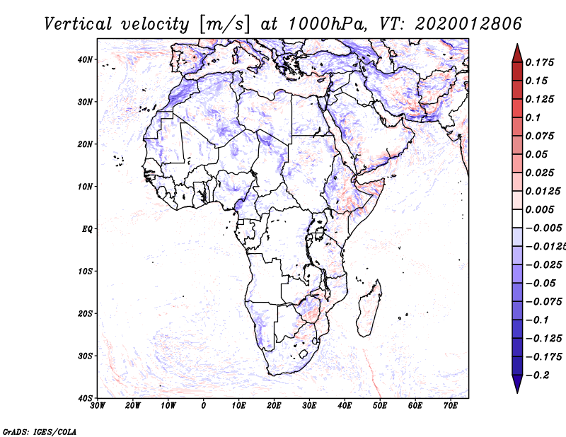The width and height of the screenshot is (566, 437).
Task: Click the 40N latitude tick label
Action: [85, 59]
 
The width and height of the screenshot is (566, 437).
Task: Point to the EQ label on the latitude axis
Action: [87, 229]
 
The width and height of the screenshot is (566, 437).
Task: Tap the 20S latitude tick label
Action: [85, 313]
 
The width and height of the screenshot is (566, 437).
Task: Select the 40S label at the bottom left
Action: [85, 398]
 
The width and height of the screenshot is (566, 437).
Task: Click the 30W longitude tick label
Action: [98, 406]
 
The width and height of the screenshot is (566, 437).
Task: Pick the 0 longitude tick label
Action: [204, 406]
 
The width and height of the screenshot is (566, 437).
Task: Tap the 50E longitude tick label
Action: [380, 406]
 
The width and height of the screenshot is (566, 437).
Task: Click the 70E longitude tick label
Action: [451, 406]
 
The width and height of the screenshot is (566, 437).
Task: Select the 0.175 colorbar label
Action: [540, 62]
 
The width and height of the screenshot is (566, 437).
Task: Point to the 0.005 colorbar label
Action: [540, 209]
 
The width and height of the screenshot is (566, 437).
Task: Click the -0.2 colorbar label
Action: [538, 375]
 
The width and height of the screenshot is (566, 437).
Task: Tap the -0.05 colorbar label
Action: [541, 284]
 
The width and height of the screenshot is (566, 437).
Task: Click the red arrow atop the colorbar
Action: [517, 54]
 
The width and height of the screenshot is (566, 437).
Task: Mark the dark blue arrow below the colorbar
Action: [517, 383]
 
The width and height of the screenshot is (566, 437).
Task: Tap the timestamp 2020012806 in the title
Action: [468, 24]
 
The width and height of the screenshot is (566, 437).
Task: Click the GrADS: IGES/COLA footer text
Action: [40, 431]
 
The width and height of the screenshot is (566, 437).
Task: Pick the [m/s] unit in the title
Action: [224, 24]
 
